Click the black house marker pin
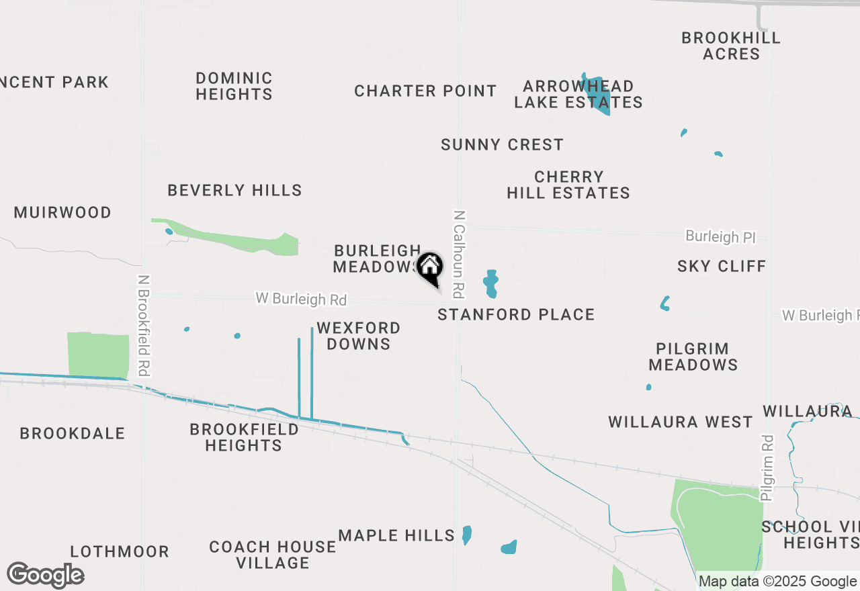click(430, 269)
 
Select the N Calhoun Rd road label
click(460, 254)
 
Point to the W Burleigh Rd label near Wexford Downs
click(301, 299)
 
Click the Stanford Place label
click(516, 314)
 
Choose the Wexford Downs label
click(358, 336)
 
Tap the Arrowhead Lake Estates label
click(578, 94)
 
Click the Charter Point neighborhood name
click(425, 91)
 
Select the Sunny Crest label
click(502, 144)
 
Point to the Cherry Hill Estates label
click(568, 185)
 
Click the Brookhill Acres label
click(731, 46)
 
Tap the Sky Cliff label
click(722, 266)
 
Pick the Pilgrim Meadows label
click(693, 357)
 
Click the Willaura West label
click(680, 422)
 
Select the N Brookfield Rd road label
click(143, 325)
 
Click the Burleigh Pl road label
click(720, 236)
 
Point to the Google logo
click(45, 575)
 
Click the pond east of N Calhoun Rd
click(491, 283)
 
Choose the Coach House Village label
click(272, 555)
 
